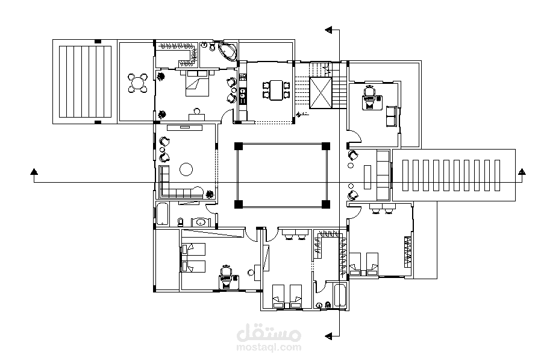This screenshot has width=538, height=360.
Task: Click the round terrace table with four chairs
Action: click(137, 83)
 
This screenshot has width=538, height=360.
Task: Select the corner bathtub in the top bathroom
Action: click(228, 51)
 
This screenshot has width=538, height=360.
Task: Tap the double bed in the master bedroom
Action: click(197, 83)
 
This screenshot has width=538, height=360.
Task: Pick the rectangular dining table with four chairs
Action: click(276, 90)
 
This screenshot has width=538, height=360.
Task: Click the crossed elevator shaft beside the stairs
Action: click(321, 93)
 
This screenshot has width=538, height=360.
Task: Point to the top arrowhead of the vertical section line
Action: click(329, 30)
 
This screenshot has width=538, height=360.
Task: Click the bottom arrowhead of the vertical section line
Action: click(329, 336)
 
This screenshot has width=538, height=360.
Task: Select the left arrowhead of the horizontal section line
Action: click(34, 171)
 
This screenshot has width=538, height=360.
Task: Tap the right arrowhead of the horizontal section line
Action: click(522, 171)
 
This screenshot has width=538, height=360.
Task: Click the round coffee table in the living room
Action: click(186, 169)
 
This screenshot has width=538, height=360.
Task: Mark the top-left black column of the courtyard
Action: click(239, 147)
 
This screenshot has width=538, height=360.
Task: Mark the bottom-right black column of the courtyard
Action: click(326, 205)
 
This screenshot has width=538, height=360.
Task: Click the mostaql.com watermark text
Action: click(269, 347)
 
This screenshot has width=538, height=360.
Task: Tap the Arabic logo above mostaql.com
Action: click(269, 332)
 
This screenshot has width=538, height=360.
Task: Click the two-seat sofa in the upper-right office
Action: click(391, 116)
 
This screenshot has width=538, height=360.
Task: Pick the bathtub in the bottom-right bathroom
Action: click(340, 295)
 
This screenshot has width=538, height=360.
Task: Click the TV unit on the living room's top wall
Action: click(185, 127)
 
